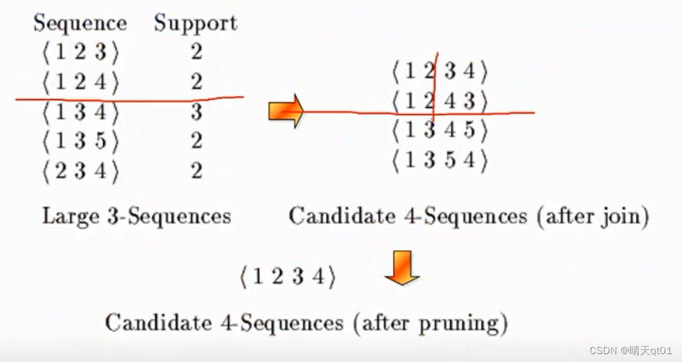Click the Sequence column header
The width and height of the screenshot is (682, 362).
click(80, 23)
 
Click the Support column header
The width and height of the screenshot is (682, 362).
click(195, 23)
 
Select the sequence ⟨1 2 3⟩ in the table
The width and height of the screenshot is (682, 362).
click(80, 52)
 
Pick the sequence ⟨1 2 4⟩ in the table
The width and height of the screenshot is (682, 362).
click(80, 82)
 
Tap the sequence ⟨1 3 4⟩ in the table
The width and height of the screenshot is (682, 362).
click(80, 112)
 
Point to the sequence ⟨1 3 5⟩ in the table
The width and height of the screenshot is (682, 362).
click(80, 141)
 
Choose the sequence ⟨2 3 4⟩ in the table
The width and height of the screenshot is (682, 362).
click(80, 171)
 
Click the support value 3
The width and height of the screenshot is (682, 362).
click(196, 112)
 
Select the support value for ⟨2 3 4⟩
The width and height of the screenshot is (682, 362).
click(196, 171)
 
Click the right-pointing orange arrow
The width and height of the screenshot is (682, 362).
click(286, 111)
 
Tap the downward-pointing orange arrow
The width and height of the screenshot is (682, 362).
click(402, 267)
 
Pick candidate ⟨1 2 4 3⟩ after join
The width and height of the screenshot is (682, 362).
click(439, 101)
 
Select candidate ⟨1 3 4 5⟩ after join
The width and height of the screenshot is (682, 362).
click(439, 131)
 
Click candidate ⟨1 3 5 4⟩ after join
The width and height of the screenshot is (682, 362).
click(439, 160)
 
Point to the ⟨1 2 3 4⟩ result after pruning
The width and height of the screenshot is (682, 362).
click(288, 278)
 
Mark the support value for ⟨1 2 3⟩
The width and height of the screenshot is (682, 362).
click(196, 52)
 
